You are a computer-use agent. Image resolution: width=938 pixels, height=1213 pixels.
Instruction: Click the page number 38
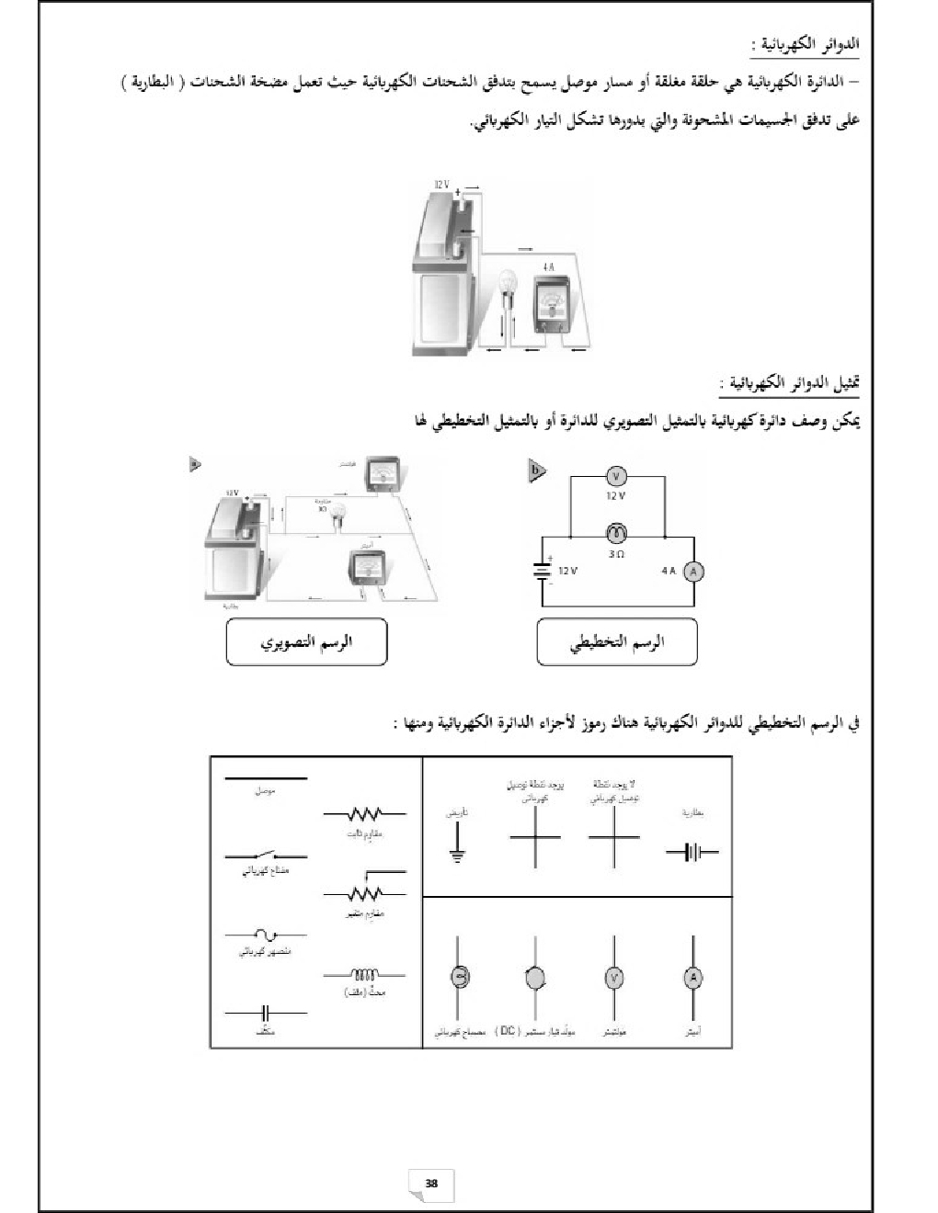(x=431, y=1183)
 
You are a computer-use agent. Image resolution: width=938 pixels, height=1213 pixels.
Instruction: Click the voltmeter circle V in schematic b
(x=618, y=476)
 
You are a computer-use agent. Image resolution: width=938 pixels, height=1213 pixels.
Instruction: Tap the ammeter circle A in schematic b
(x=695, y=572)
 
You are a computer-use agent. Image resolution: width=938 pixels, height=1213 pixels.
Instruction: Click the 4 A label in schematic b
(x=669, y=571)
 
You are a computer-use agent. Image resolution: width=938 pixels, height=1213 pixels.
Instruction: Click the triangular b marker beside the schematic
(x=536, y=471)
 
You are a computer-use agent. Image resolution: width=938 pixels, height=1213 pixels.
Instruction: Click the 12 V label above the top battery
(x=441, y=186)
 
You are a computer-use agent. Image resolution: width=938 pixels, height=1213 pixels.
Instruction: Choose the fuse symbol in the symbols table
(x=266, y=935)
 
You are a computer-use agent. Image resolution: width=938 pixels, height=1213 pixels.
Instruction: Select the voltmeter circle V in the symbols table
(x=613, y=978)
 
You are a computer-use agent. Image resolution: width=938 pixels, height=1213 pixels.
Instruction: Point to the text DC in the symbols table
(x=508, y=1031)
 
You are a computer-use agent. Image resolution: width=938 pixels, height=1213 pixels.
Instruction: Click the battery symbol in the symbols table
(x=692, y=852)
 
